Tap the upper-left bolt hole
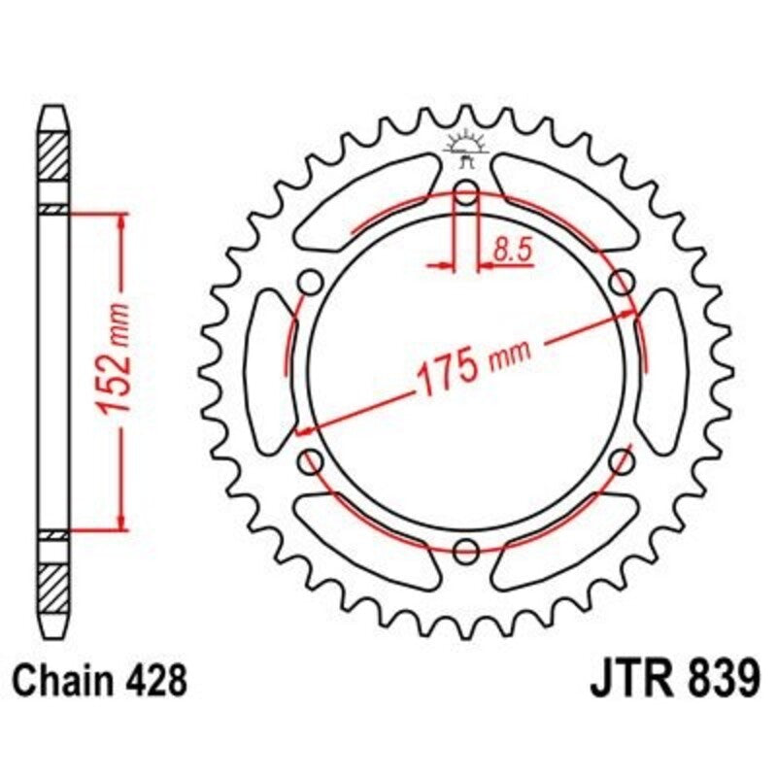coord(311,282)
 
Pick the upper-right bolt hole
coord(622,282)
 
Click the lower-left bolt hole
coord(311,461)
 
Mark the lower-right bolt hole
coord(622,461)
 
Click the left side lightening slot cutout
coord(270,371)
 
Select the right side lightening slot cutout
coord(662,371)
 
